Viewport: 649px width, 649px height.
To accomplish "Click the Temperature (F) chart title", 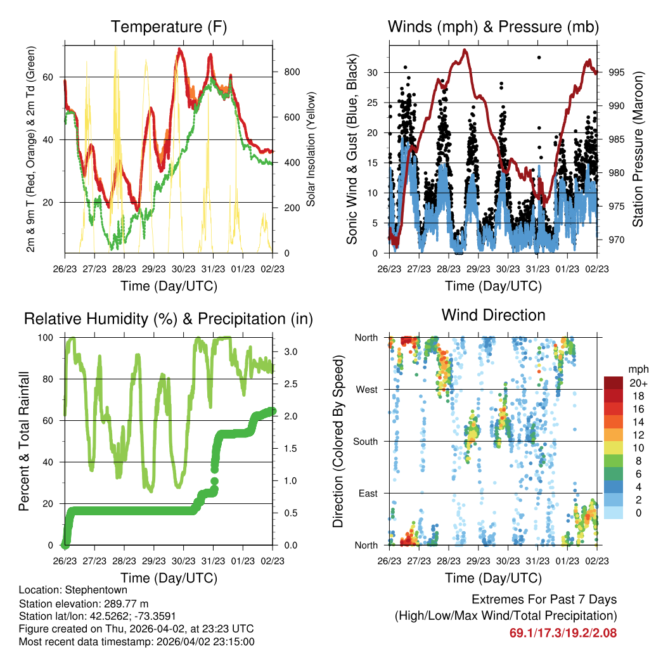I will coord(169,27).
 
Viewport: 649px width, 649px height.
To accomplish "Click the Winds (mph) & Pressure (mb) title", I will coord(493,27).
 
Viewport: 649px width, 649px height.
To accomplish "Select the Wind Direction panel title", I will coord(493,315).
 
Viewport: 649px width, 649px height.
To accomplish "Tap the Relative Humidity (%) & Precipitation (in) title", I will coord(169,319).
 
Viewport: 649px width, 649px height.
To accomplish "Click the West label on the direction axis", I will coord(366,390).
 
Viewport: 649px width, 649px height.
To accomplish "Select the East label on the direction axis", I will coord(368,493).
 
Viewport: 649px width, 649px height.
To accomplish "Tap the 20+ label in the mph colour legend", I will coord(636,383).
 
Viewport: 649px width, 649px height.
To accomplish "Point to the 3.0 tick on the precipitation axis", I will coord(286,351).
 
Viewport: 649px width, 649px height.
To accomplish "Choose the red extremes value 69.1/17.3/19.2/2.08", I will coord(563,633).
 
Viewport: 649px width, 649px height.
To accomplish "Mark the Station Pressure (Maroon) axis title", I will coord(638,150).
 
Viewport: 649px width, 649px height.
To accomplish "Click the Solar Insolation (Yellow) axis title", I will coord(311,150).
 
